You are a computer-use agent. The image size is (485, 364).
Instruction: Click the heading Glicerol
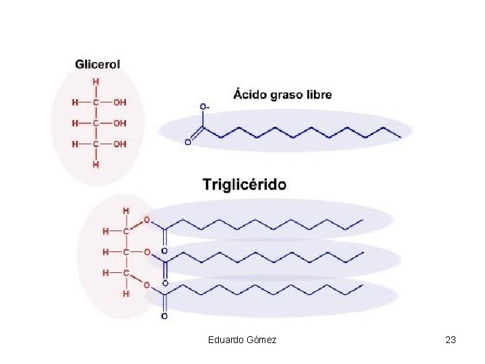tap(98, 64)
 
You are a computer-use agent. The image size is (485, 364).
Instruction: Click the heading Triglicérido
tap(245, 184)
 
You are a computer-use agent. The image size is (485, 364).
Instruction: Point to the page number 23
tap(451, 340)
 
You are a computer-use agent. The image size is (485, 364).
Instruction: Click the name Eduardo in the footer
tap(228, 340)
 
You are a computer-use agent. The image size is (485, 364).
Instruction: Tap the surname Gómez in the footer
tap(262, 340)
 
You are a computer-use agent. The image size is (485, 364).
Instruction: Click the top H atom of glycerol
tap(96, 82)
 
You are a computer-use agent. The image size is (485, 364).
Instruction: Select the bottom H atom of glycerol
tap(96, 164)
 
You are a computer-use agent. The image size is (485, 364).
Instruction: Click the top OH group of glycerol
tap(119, 102)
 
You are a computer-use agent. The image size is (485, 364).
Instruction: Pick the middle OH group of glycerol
tap(119, 123)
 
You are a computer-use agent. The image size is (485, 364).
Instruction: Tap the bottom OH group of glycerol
tap(119, 144)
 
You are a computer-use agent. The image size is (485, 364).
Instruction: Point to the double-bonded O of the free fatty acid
tap(188, 142)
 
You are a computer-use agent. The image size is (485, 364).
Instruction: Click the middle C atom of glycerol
tap(96, 123)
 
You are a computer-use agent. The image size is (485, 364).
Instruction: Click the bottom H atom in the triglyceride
tap(126, 294)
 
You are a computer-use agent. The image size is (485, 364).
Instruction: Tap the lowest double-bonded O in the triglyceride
tap(165, 315)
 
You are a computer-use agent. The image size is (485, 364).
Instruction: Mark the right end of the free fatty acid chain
tap(400, 137)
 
